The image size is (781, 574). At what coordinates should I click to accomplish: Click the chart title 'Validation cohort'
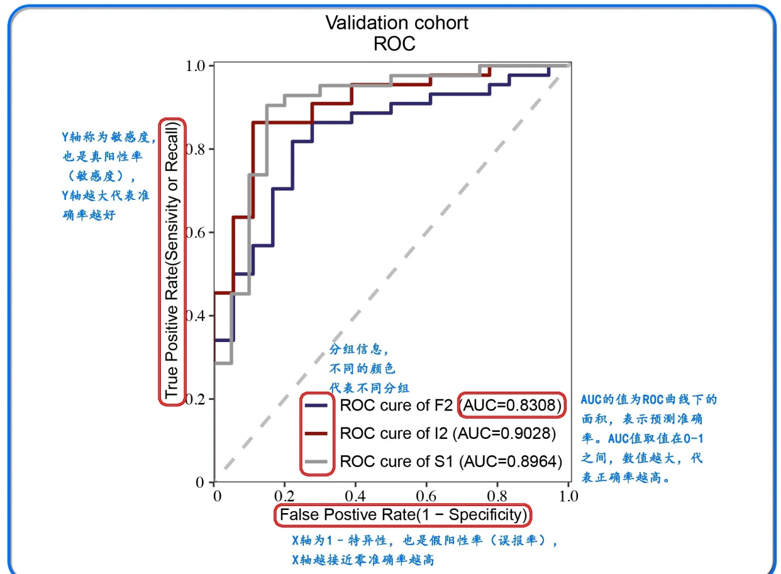pos(396,23)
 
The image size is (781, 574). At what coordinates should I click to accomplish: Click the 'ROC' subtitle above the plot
pos(394,44)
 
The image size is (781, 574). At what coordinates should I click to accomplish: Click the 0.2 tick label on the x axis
pos(287,496)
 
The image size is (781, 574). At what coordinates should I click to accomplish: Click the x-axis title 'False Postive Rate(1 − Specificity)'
pos(403,515)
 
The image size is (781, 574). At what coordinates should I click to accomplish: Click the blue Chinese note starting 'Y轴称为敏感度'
pos(107,137)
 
